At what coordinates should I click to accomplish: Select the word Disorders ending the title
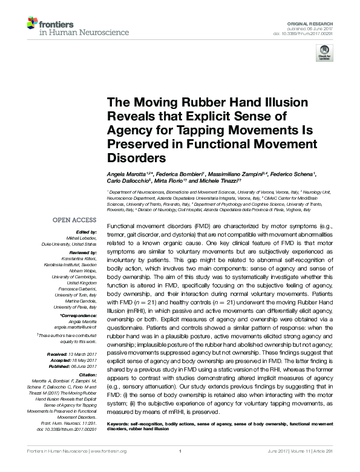click(x=136, y=158)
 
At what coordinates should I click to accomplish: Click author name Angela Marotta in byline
click(x=125, y=174)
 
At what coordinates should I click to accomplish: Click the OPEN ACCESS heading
click(x=74, y=220)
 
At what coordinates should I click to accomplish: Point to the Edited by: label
click(x=87, y=232)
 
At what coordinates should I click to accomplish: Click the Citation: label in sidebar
click(x=88, y=375)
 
